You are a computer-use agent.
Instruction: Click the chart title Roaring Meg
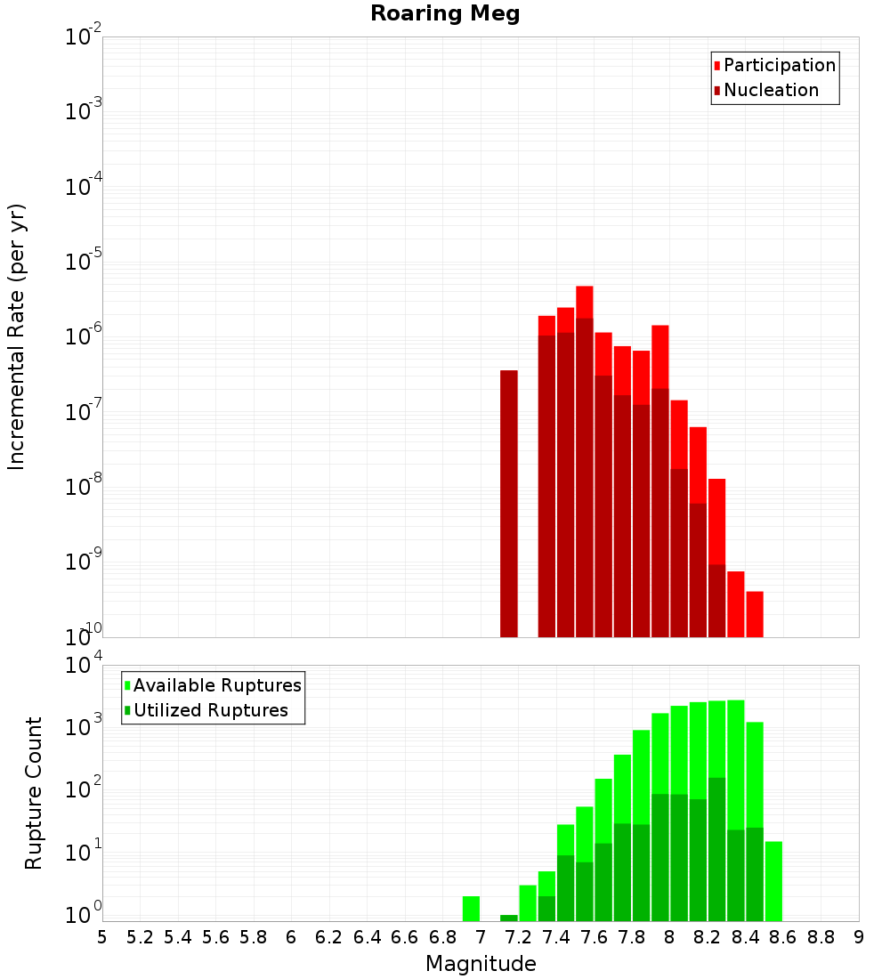[x=445, y=14]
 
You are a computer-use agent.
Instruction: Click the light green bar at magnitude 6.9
[x=471, y=909]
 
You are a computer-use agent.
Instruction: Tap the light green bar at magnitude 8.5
[x=773, y=881]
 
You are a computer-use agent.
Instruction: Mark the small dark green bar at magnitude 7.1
[x=509, y=918]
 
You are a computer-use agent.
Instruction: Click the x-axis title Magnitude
[x=481, y=964]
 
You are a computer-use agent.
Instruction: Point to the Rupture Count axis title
[x=34, y=792]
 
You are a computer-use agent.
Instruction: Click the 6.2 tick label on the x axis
[x=329, y=937]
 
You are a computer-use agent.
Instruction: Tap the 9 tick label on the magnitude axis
[x=859, y=937]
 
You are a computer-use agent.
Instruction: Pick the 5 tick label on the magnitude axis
[x=101, y=937]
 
